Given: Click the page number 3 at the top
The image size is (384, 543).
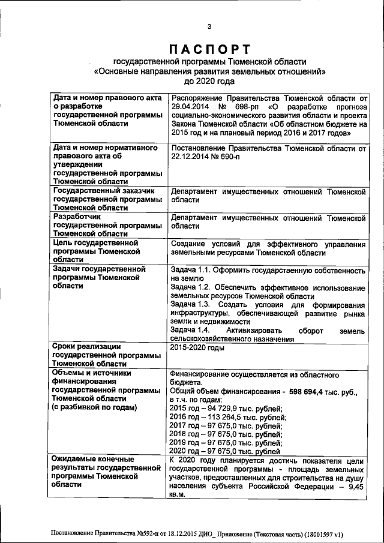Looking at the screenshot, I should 209,26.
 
